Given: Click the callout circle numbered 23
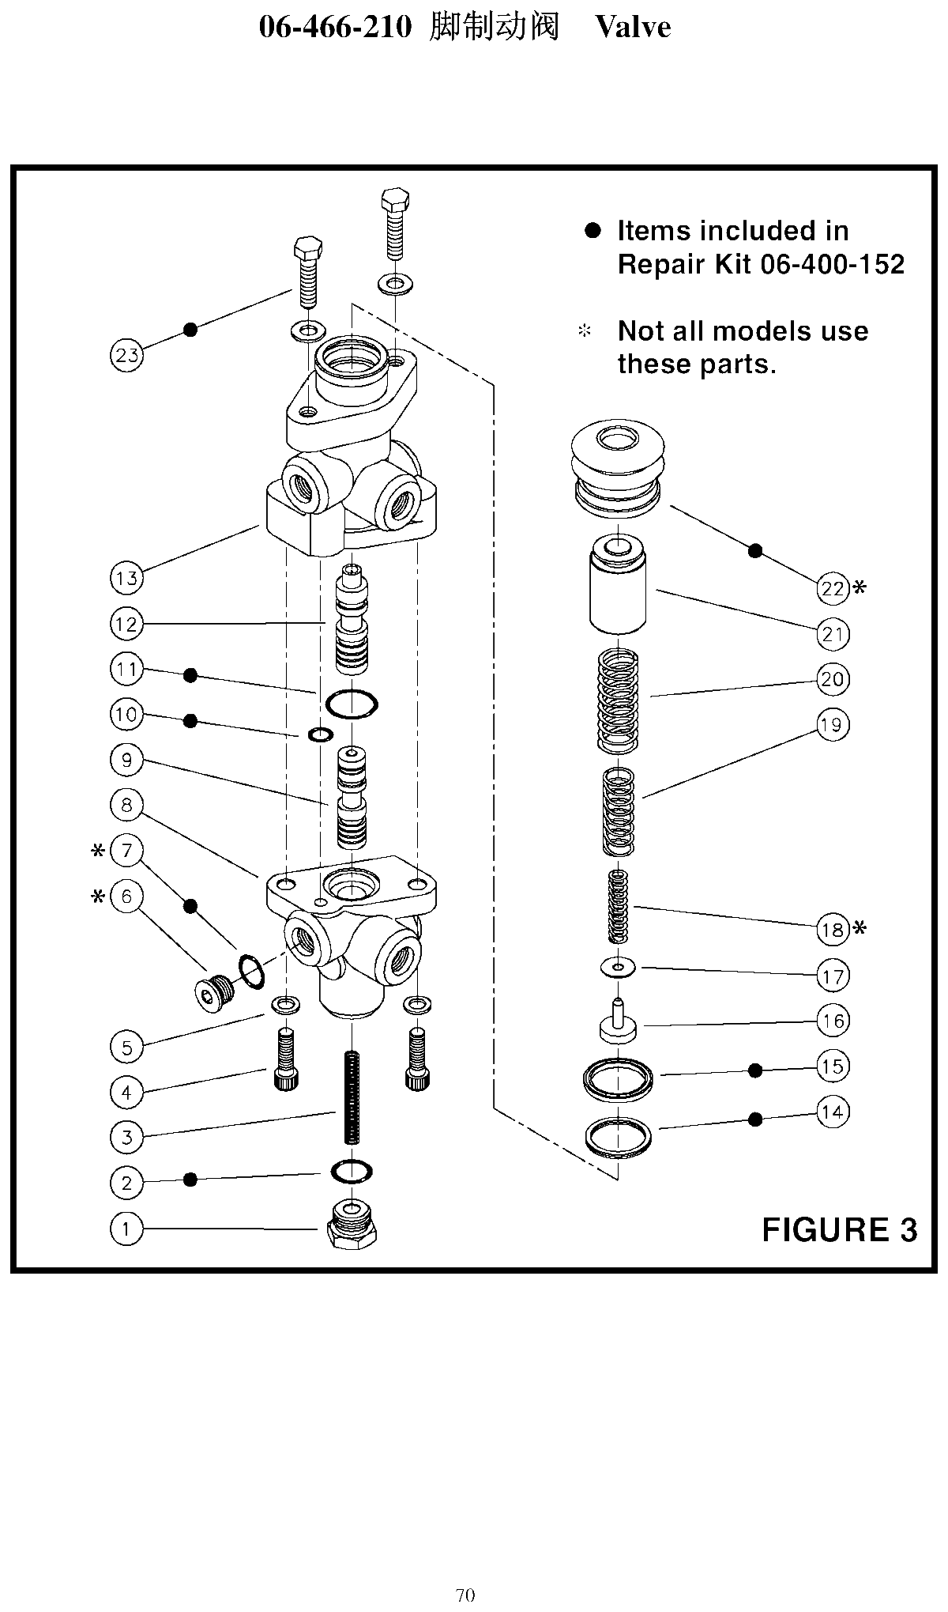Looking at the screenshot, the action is coord(126,355).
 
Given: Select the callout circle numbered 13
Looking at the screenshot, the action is coord(126,578).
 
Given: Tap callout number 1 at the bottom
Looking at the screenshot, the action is coord(126,1229).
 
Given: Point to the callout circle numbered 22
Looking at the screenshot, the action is coord(833,588).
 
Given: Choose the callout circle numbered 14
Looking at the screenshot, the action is coord(833,1112).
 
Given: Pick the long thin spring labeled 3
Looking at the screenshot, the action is coord(351,1097).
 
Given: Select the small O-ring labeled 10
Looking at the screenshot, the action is coord(321,735).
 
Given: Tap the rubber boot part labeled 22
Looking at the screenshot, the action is coord(618,469).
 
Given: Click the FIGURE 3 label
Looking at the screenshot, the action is coord(839,1229).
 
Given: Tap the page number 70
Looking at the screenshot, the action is coord(465,1595).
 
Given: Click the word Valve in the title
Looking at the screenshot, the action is coord(633,27).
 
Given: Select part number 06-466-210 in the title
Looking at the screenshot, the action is coord(336,28).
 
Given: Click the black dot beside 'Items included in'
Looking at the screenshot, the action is coord(592,231).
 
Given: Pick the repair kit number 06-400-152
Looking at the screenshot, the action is coord(832,264).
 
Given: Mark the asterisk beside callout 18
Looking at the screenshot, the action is coord(860,928).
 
